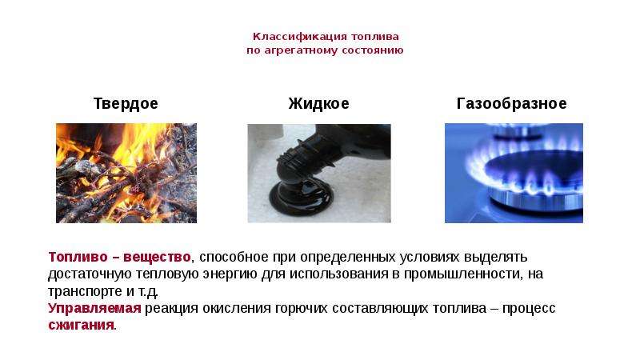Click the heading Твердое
(126, 104)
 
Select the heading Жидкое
(318, 104)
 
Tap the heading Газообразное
(511, 104)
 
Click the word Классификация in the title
(300, 37)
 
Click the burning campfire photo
(126, 173)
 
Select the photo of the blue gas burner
(514, 173)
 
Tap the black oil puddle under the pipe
(301, 196)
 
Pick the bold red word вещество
(157, 257)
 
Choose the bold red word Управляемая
(94, 308)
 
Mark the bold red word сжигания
(81, 326)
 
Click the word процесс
(529, 309)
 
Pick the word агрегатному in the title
(301, 50)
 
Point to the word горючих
(302, 309)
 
